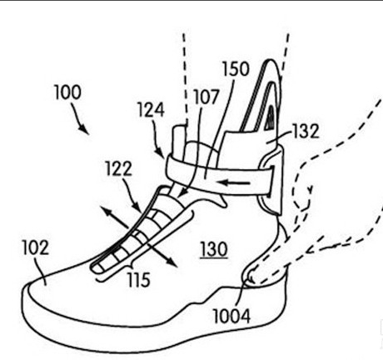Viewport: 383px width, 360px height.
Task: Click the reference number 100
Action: (x=68, y=92)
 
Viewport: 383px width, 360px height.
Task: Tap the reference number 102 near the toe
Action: (x=36, y=247)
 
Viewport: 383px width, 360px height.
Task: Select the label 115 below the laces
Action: (x=139, y=279)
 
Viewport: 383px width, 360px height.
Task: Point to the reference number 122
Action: (x=119, y=168)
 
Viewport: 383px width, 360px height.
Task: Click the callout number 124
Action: (x=152, y=110)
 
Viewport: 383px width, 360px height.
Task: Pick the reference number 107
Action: (x=206, y=97)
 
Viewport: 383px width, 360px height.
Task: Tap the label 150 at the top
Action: (x=236, y=69)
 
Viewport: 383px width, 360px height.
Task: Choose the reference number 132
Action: (x=306, y=131)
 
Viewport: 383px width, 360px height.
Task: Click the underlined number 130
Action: (x=214, y=249)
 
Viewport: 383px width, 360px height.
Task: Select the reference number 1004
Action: (x=231, y=316)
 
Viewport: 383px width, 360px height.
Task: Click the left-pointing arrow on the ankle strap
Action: (x=236, y=182)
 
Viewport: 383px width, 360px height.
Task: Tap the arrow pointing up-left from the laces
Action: (x=114, y=217)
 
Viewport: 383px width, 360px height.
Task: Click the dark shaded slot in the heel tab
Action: (x=270, y=118)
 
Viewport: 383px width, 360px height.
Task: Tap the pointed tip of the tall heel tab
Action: (x=269, y=60)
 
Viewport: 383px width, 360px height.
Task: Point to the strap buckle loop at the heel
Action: (x=271, y=181)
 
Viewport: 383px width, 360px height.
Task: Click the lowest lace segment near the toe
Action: (x=98, y=267)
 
